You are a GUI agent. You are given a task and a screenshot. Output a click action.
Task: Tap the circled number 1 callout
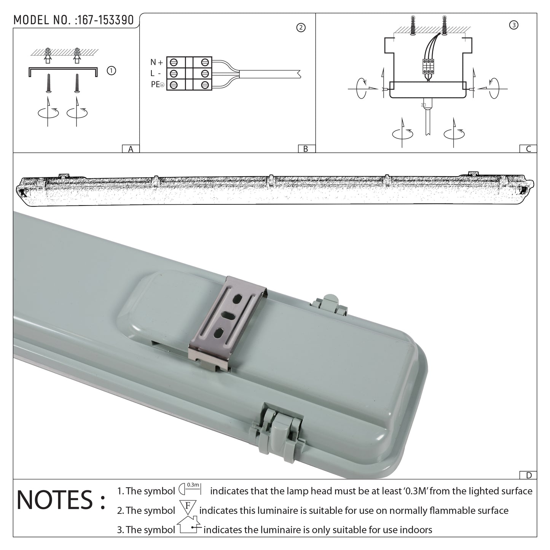pos(111,70)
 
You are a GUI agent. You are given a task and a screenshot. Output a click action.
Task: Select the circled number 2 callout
pos(301,28)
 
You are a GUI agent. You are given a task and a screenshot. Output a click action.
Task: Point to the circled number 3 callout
pos(514,25)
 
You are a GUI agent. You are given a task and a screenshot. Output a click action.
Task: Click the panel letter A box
pos(131,149)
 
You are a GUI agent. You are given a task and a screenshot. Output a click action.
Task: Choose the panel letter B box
pos(306,149)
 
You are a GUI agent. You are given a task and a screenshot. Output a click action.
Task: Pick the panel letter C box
pos(528,149)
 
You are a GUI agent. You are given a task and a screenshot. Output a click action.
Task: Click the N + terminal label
pos(156,62)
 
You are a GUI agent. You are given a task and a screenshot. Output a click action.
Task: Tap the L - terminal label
pos(156,73)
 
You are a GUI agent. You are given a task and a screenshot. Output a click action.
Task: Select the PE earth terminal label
pos(158,85)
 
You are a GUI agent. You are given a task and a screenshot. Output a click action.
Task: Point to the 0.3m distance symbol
pos(190,489)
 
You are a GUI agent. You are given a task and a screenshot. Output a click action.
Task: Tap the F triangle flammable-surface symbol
pos(188,507)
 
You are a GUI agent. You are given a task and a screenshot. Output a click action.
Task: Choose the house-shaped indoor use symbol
pos(189,525)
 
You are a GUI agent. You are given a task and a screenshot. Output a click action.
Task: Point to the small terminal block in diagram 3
pos(429,66)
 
